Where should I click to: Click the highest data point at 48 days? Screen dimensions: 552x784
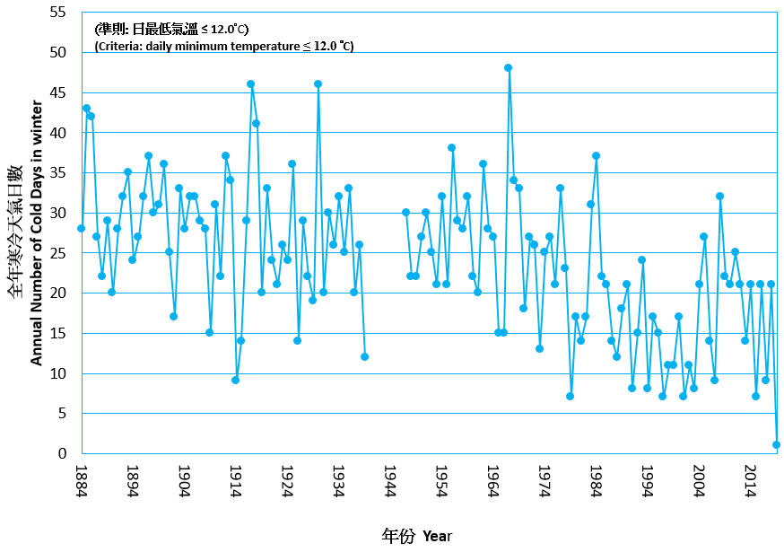(508, 67)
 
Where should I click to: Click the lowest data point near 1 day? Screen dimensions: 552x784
(776, 444)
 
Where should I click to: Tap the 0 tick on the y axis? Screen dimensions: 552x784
(62, 454)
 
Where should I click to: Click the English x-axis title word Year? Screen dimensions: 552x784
(437, 537)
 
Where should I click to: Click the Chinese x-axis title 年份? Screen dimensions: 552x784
(398, 536)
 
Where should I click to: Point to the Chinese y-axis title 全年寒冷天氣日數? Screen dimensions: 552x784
(15, 231)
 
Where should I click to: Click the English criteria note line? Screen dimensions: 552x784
(224, 47)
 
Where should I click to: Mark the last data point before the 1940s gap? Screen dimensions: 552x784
(364, 356)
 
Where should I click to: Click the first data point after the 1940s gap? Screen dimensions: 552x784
(405, 212)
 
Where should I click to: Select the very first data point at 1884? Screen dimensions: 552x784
(81, 228)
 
